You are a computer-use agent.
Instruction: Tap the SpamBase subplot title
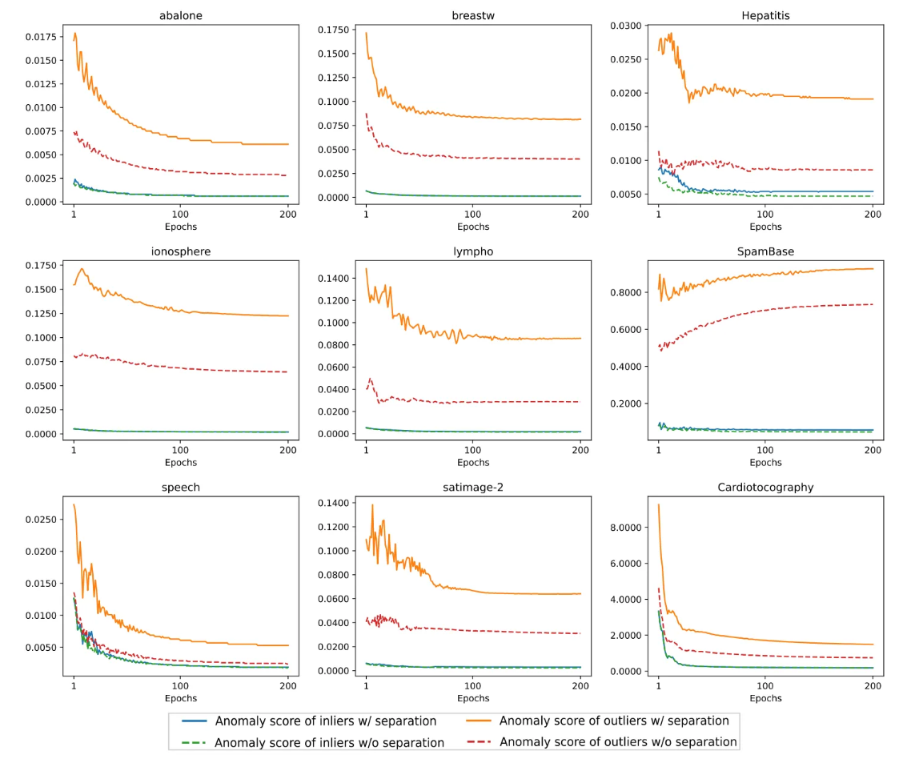click(765, 251)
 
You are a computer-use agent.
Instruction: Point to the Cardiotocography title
click(765, 488)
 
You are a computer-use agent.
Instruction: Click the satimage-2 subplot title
click(473, 488)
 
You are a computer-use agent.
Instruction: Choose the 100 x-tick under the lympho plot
click(473, 448)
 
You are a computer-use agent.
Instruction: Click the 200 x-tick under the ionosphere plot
click(288, 448)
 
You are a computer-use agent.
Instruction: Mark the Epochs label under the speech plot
click(181, 698)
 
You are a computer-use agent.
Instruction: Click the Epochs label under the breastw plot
click(473, 227)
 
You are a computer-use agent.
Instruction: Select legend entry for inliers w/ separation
click(327, 721)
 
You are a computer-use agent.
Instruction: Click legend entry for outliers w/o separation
click(617, 742)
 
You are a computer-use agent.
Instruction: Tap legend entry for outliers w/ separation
click(614, 721)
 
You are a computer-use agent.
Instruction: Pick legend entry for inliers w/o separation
click(329, 742)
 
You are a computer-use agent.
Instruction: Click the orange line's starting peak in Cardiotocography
click(659, 504)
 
